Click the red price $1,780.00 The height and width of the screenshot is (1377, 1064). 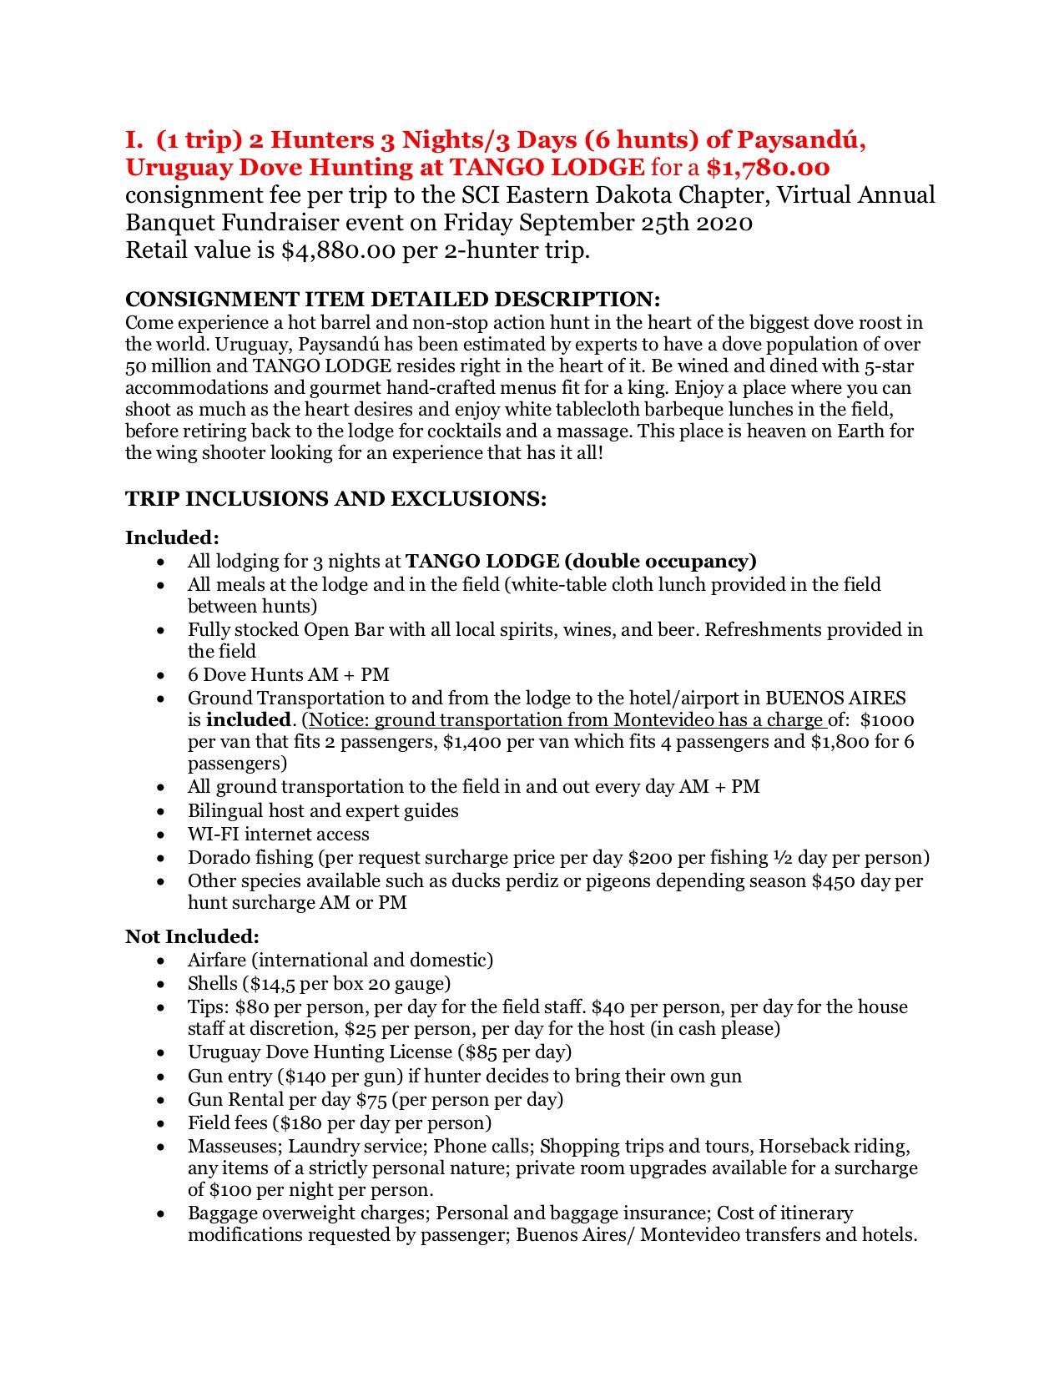click(x=768, y=168)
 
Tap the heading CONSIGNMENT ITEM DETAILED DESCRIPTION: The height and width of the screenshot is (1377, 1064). click(x=392, y=300)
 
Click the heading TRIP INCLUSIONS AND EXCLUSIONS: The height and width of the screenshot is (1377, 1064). click(x=335, y=499)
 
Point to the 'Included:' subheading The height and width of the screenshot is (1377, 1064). click(x=172, y=537)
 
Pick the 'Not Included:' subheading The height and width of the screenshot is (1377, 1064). click(x=192, y=936)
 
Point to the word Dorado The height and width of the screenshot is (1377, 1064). click(x=218, y=857)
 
